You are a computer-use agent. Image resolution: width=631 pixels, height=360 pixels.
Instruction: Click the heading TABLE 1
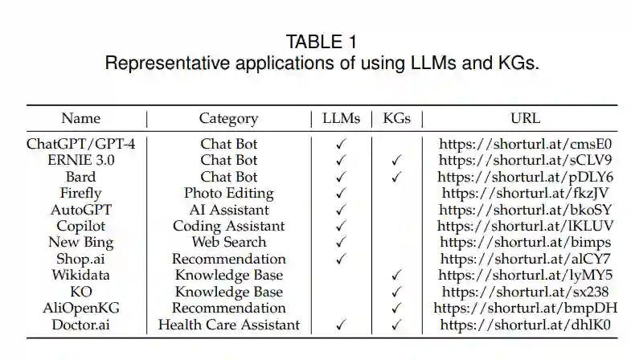[x=322, y=41]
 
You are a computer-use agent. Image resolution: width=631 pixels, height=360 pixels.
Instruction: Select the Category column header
[x=229, y=119]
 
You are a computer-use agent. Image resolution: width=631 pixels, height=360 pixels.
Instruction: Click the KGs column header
[x=396, y=119]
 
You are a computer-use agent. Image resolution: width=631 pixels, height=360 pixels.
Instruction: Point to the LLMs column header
[x=342, y=119]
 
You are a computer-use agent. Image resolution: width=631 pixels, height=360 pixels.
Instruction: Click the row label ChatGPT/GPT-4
[x=80, y=145]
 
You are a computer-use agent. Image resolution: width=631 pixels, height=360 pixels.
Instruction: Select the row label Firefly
[x=80, y=194]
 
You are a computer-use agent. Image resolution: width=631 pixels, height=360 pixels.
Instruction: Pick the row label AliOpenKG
[x=80, y=309]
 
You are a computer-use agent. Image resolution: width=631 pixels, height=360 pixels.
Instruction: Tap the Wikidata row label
[x=80, y=276]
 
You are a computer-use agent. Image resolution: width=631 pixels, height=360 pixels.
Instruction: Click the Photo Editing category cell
[x=229, y=194]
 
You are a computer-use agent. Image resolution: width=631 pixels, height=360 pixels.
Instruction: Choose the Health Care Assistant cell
[x=229, y=325]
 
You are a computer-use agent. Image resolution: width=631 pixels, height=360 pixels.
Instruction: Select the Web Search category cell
[x=229, y=243]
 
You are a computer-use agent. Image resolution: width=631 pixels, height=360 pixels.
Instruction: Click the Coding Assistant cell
[x=229, y=227]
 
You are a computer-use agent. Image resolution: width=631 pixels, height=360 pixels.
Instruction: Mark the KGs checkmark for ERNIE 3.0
[x=396, y=161]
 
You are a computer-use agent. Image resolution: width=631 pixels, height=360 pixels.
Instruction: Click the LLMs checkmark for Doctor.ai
[x=342, y=325]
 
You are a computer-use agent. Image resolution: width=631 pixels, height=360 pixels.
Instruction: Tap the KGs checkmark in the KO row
[x=396, y=292]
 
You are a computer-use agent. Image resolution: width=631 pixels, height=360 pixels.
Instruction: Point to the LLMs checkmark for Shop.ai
[x=342, y=260]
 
